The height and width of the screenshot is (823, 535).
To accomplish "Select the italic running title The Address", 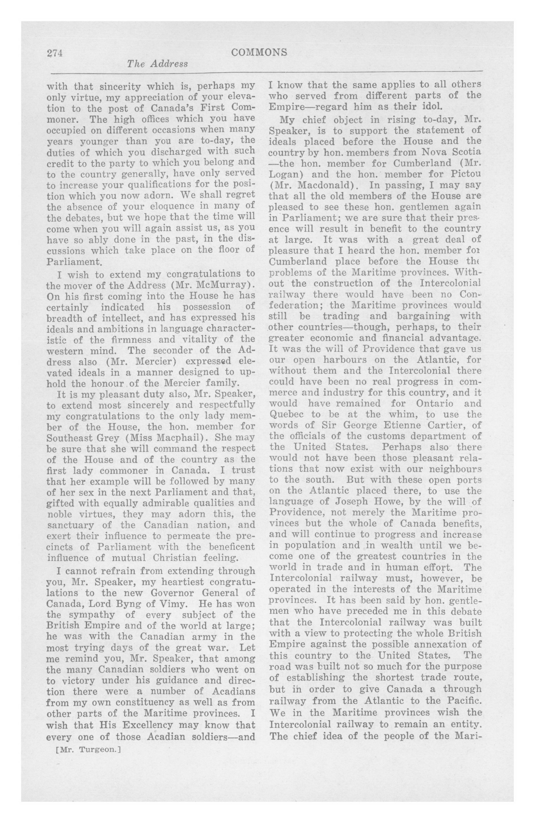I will [x=157, y=64].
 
